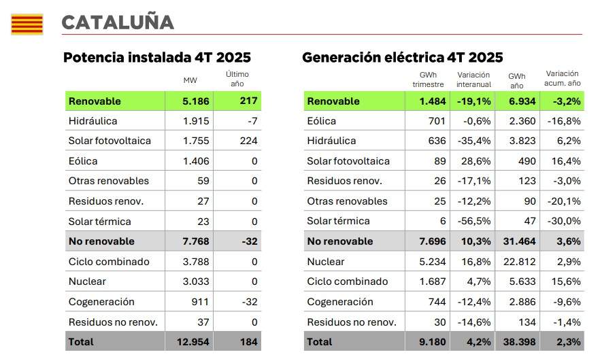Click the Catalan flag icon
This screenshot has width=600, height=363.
(x=27, y=24)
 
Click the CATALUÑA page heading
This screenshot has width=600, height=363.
(x=117, y=22)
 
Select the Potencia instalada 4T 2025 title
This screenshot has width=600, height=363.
(x=156, y=58)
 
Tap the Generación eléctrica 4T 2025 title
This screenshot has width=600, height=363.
(x=402, y=58)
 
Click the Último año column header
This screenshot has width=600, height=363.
(x=237, y=78)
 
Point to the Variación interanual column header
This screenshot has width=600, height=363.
(x=473, y=80)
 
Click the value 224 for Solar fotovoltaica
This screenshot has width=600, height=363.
(x=248, y=141)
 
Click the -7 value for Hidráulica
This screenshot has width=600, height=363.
(x=251, y=121)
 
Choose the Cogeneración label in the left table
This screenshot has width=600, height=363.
(x=101, y=302)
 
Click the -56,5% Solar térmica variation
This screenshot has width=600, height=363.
(x=476, y=221)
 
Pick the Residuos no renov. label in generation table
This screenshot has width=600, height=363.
(x=352, y=322)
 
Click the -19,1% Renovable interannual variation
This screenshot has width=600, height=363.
(x=475, y=101)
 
